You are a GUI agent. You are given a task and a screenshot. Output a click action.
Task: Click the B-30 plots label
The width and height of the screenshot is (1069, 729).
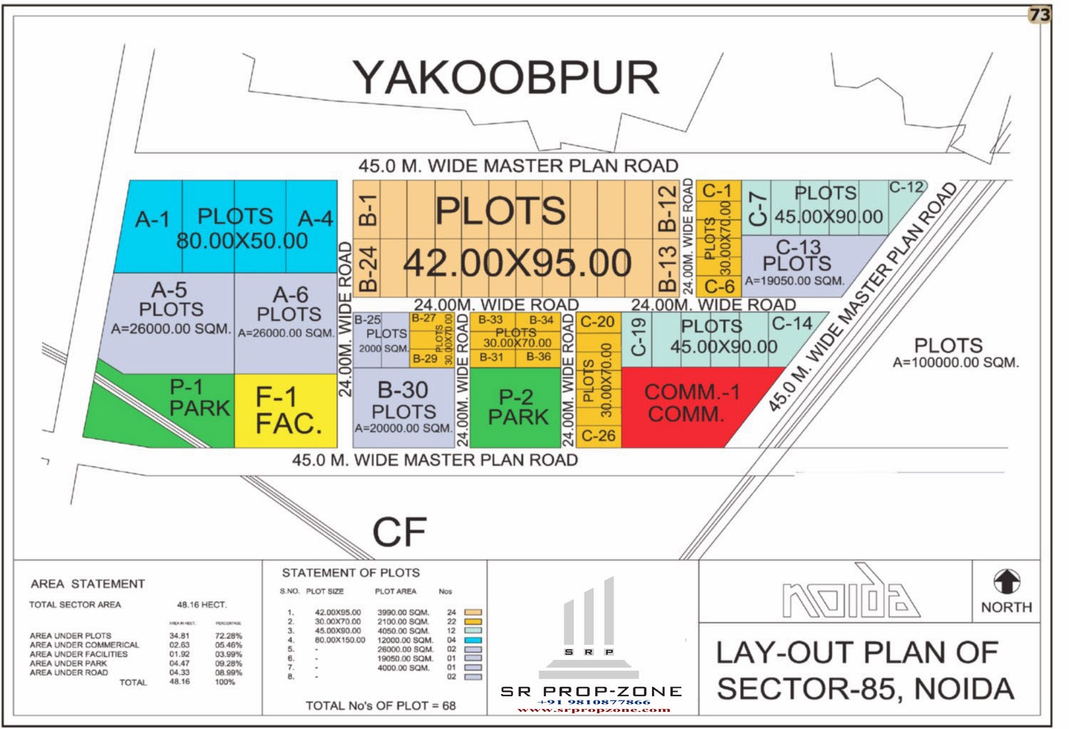403,390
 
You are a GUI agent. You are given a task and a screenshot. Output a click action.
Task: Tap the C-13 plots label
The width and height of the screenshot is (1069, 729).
798,247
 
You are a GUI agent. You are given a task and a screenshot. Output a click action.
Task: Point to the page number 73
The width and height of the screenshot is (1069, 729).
1040,15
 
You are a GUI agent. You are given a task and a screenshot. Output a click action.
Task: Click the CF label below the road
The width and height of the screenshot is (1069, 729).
399,532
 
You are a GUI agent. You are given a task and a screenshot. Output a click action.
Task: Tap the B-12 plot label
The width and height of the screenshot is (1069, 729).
666,208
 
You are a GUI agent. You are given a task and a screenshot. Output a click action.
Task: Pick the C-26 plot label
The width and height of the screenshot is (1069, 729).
598,435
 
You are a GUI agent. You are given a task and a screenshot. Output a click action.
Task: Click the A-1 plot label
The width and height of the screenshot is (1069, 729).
153,219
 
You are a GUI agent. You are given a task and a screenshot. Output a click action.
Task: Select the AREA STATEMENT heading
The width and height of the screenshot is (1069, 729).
88,584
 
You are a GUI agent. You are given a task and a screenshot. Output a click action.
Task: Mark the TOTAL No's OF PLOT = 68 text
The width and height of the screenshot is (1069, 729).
381,705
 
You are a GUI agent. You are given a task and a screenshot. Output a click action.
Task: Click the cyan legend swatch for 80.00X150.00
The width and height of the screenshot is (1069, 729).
472,640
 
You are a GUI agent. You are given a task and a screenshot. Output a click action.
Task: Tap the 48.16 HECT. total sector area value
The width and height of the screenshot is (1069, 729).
202,604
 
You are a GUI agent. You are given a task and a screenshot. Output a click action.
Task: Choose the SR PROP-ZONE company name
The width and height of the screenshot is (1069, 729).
591,691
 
